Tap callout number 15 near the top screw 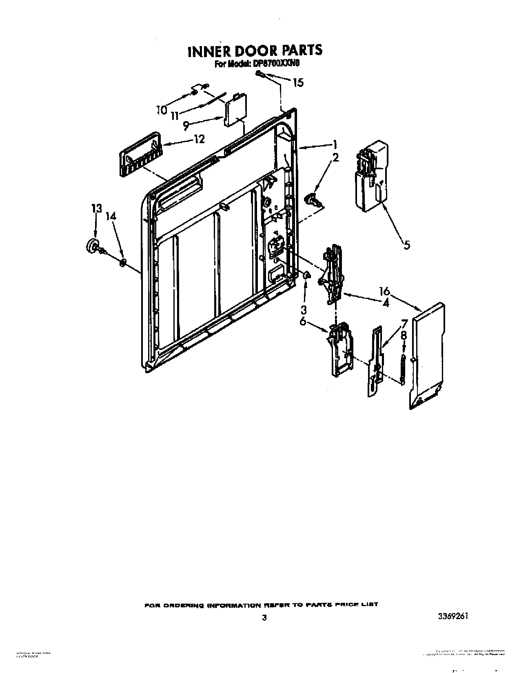299,82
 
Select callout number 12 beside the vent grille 199,139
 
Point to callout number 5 406,245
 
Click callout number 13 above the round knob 96,209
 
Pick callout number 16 384,292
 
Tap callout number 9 186,126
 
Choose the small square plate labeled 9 234,109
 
